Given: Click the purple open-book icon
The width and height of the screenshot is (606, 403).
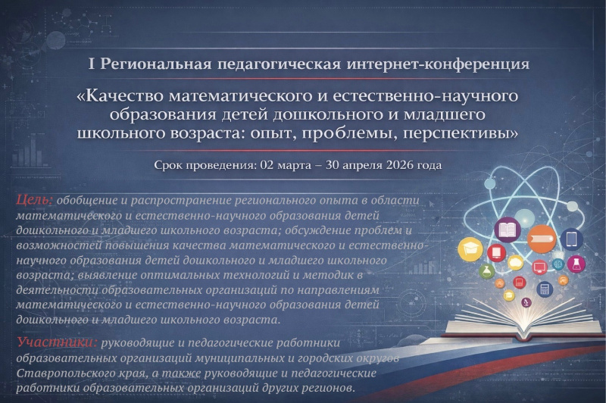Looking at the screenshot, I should [507, 229].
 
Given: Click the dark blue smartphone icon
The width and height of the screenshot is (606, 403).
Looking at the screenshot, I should [571, 239].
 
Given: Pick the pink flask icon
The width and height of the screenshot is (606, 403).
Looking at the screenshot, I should [576, 264].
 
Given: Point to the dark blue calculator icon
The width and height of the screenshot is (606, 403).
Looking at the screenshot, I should [545, 289].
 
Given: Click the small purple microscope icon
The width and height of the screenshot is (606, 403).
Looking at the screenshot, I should [527, 302].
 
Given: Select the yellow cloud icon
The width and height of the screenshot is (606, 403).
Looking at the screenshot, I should [516, 263].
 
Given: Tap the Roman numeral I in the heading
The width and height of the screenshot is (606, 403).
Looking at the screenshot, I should [92, 64].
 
